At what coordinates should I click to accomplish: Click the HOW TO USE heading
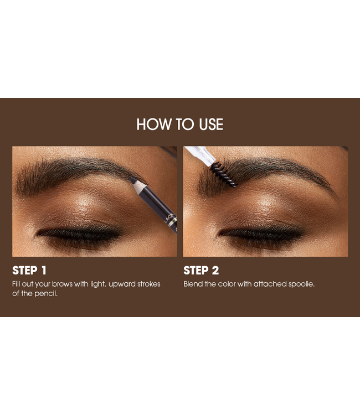tap(179, 124)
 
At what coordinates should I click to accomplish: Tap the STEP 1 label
tap(29, 271)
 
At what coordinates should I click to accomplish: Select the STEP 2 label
tap(201, 271)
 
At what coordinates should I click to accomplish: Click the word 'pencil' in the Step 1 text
tap(46, 293)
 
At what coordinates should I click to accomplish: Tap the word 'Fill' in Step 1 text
tap(17, 284)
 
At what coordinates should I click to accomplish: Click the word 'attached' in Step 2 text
tap(269, 284)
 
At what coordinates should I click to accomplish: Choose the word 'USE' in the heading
tap(208, 124)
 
